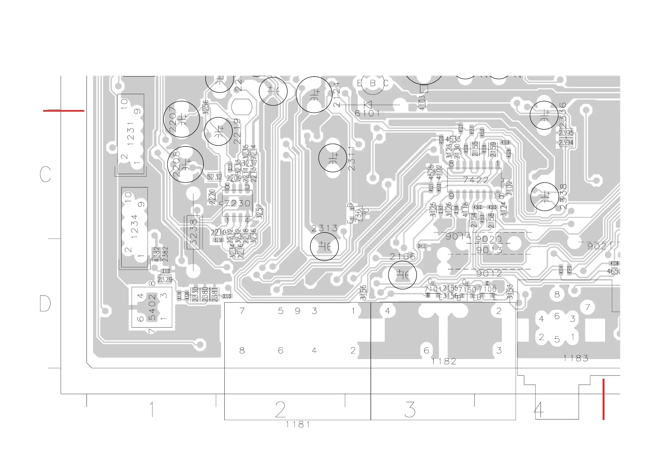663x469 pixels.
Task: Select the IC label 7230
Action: [237, 203]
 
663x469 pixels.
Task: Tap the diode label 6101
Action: [367, 114]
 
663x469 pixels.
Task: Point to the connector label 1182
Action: [444, 361]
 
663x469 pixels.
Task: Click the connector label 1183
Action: [576, 358]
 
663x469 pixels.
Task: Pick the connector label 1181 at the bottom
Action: [298, 424]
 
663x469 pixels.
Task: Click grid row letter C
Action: [45, 174]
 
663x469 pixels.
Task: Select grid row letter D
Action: [45, 303]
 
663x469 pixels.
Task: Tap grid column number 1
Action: [152, 409]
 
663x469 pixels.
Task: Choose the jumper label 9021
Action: [600, 246]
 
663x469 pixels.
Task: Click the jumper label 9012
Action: [489, 273]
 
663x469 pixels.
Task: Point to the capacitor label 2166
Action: [402, 257]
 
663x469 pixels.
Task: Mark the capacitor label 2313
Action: [324, 229]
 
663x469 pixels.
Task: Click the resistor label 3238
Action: [193, 232]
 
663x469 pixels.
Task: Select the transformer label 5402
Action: [152, 307]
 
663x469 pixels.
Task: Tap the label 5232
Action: [214, 177]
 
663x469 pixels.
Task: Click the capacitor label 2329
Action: [164, 280]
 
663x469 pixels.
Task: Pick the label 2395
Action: [566, 133]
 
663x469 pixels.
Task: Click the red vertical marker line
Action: [603, 399]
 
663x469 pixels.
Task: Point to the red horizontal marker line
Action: [63, 111]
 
